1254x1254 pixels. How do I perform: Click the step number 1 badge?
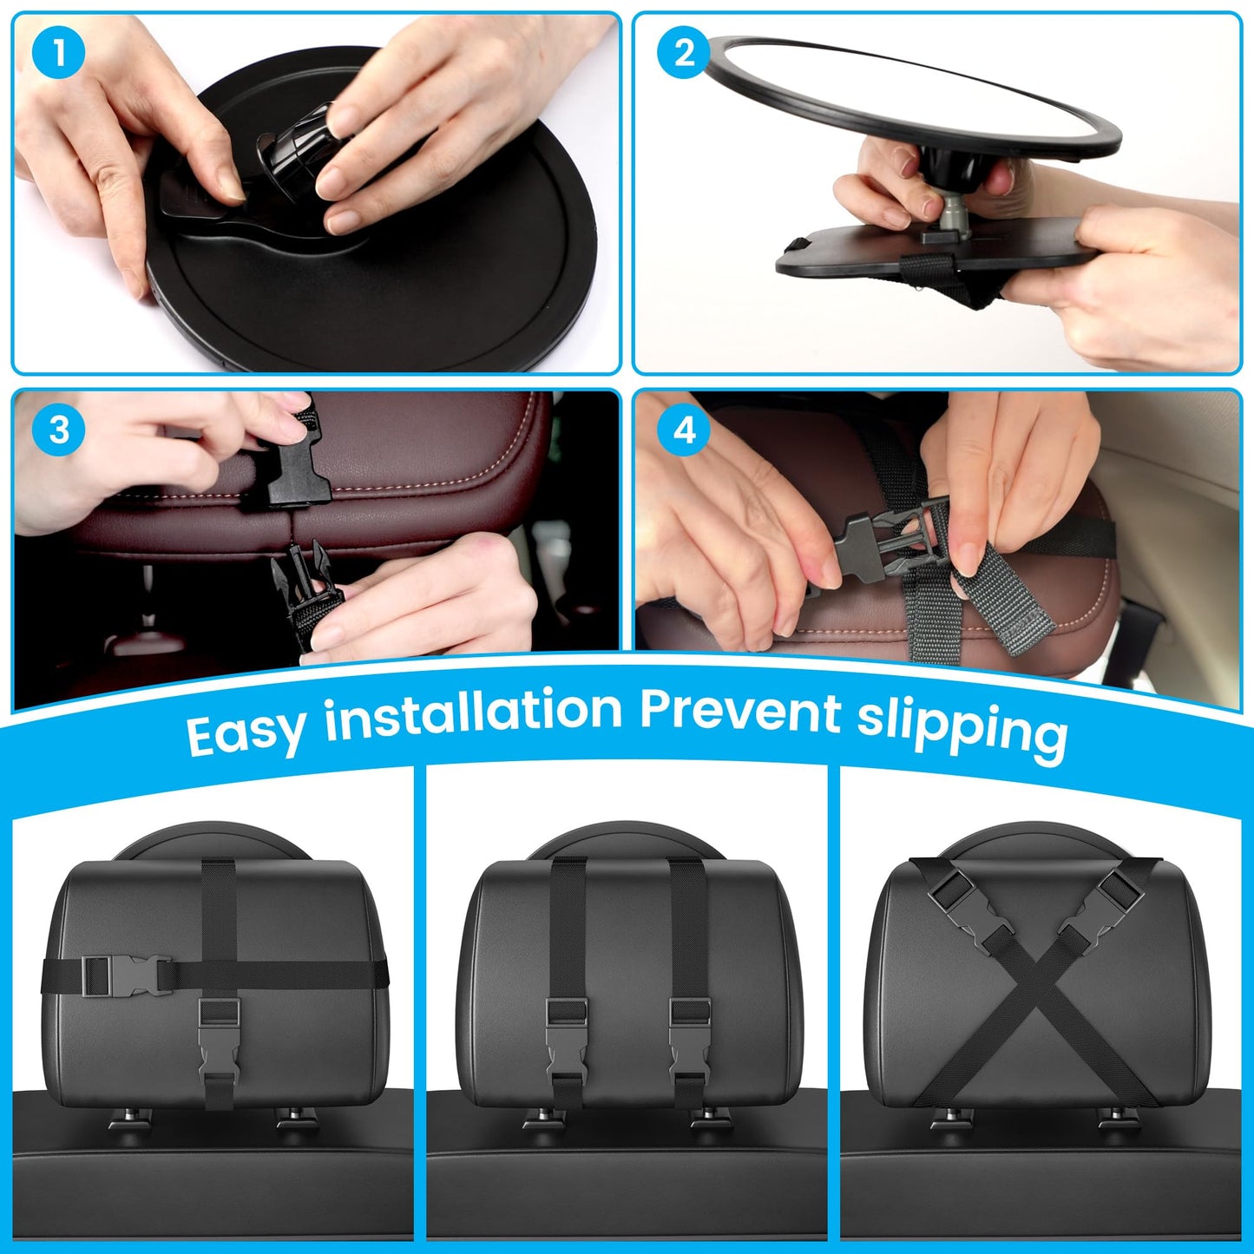58,54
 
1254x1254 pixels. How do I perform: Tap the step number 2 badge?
685,54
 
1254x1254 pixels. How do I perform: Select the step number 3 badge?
58,430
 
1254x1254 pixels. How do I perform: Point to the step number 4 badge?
685,430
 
